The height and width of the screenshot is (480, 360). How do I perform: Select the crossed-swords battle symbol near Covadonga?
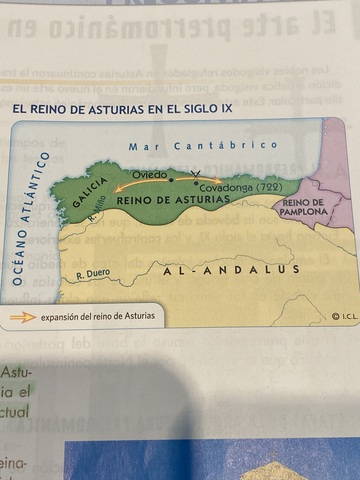point(195,177)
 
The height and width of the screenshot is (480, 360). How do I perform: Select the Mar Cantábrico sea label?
point(203,146)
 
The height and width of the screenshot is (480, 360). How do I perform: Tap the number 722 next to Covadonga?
point(267,188)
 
